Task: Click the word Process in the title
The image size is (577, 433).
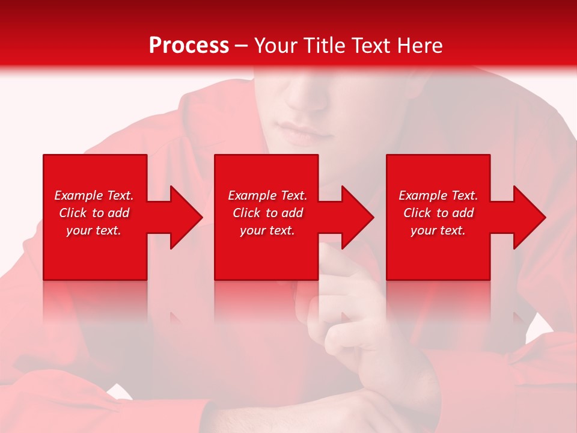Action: (x=189, y=46)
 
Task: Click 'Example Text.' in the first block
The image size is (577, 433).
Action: (x=94, y=195)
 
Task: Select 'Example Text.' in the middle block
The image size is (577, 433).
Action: (x=267, y=195)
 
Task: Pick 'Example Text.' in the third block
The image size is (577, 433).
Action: (x=438, y=195)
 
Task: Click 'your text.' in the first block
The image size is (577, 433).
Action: (x=94, y=230)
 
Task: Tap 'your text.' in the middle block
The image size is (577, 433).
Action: (x=267, y=230)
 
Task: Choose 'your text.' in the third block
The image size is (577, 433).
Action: (x=438, y=230)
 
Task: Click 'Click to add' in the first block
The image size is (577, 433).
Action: (x=94, y=213)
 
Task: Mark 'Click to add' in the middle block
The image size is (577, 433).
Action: (x=267, y=213)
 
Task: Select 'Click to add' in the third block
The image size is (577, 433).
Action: (x=438, y=213)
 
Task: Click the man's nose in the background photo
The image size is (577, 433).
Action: (x=307, y=96)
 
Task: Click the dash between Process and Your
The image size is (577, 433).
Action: (x=242, y=46)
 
